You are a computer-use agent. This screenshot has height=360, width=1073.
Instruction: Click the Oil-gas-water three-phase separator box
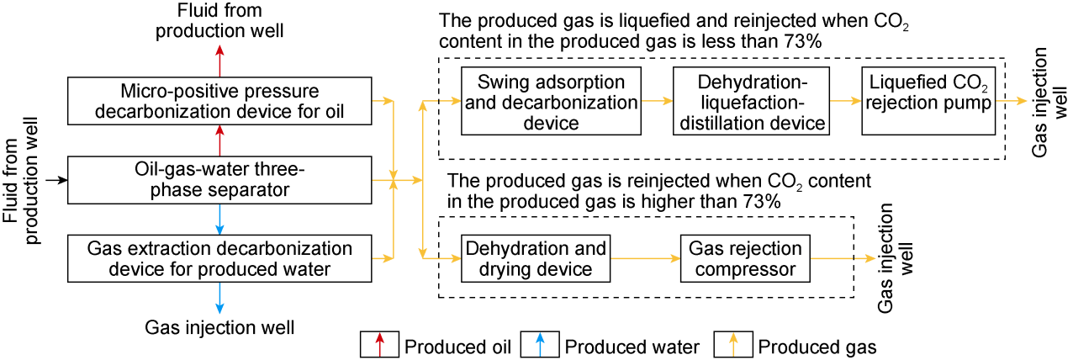tap(219, 180)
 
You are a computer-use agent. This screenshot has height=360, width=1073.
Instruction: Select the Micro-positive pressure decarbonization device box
tap(219, 101)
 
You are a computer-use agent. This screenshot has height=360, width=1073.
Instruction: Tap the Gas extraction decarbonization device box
tap(219, 259)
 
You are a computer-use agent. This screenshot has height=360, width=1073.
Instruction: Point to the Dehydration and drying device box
tap(536, 260)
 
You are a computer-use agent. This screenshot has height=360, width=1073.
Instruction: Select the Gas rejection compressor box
tap(745, 260)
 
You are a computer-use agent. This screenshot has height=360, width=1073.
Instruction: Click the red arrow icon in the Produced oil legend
tap(379, 344)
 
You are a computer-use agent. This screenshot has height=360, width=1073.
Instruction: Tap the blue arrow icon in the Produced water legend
tap(541, 344)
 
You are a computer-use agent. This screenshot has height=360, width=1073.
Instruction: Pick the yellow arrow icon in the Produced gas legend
tap(733, 344)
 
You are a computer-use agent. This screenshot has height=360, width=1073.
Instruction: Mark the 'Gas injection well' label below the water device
tap(219, 327)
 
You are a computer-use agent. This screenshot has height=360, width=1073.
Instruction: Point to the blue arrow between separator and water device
tap(219, 220)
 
